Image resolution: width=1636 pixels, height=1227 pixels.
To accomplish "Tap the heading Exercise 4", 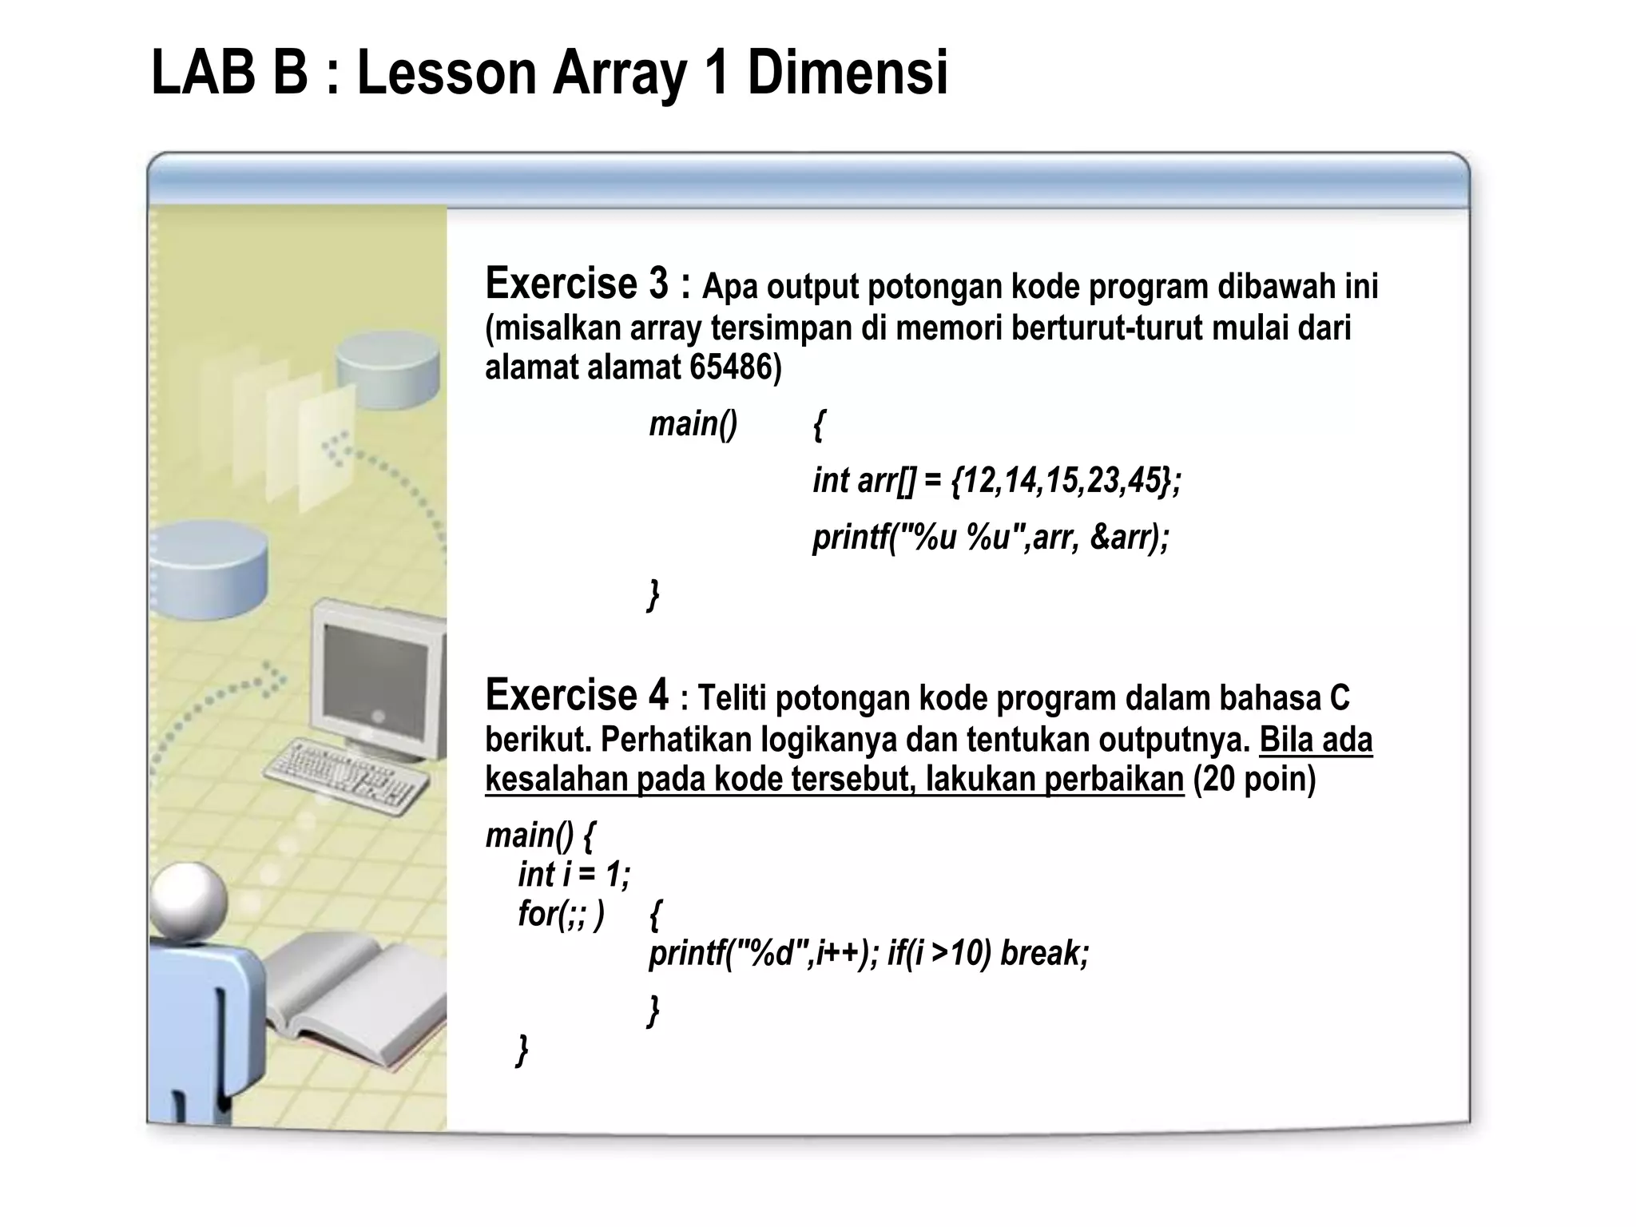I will point(577,695).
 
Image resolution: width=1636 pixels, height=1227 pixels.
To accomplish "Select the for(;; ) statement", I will point(561,913).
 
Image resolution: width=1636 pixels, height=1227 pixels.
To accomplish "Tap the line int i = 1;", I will point(574,874).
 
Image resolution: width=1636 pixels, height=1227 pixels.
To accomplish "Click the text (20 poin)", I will point(1254,779).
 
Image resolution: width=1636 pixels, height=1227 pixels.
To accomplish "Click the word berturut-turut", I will point(1110,328).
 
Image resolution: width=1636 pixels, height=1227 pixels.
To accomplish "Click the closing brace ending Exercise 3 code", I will point(653,595).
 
